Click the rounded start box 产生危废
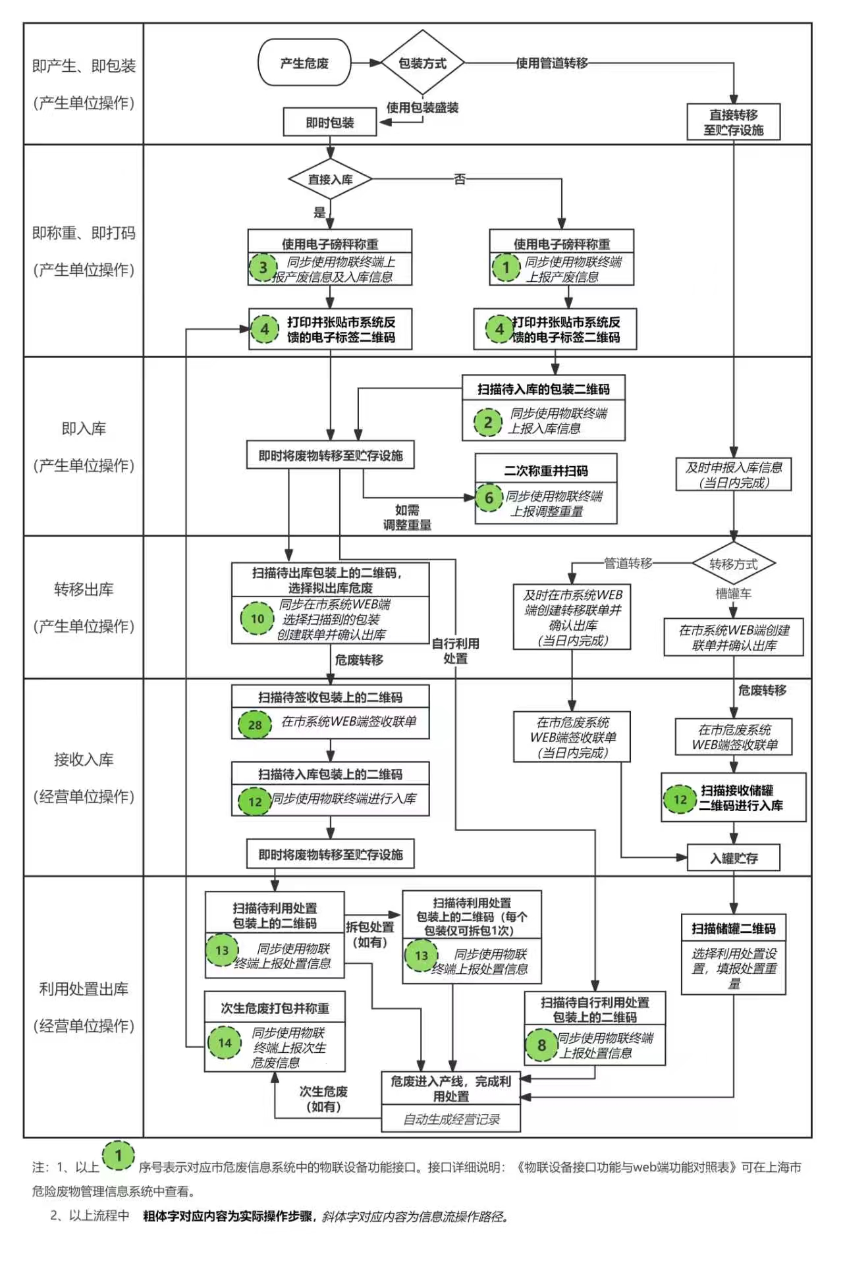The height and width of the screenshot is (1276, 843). coord(304,63)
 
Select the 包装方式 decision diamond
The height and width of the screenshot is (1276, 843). coord(422,63)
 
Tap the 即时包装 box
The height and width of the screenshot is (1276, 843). coord(330,122)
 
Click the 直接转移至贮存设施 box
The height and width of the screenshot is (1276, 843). coord(733,122)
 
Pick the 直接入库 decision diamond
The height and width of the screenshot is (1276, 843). coord(330,179)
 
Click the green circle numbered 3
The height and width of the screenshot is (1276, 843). coord(263,267)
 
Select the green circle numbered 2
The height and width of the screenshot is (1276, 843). coord(487,421)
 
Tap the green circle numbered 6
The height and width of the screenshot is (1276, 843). coord(489,498)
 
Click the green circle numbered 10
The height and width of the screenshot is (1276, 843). coord(257,618)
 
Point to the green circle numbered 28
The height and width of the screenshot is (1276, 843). coord(255,725)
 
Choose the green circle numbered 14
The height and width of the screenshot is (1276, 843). coord(225,1042)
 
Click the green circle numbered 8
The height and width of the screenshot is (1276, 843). coord(541,1045)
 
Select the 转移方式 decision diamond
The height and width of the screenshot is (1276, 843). coord(733,564)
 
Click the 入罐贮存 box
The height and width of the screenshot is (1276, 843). coord(733,858)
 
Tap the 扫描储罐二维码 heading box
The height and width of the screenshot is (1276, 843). coord(733,928)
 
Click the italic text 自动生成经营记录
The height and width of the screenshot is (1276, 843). coord(451,1119)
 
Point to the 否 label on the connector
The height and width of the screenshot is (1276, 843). coord(460,179)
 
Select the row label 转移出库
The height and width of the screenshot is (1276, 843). coord(84,589)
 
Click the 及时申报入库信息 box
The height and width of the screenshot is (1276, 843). coord(733,475)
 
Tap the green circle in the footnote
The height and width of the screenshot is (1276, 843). coord(119,1156)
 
